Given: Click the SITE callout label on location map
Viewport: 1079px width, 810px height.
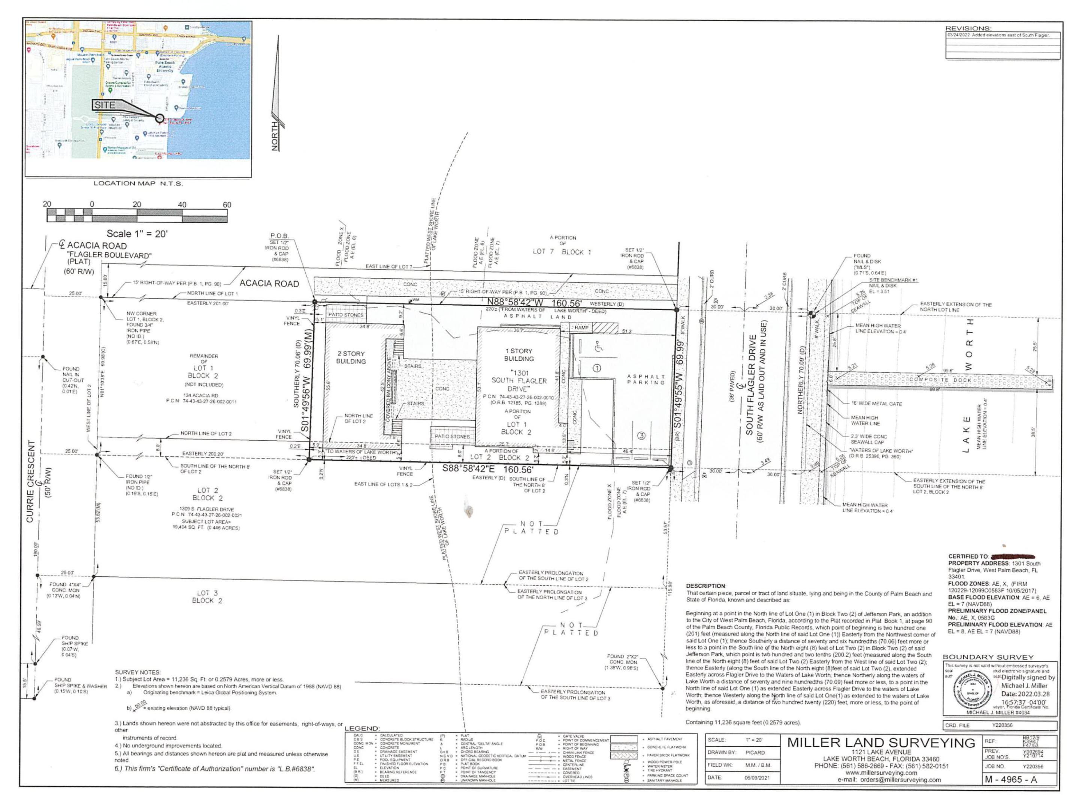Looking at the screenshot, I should pos(105,105).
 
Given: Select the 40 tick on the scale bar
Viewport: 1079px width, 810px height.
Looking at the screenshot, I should pos(182,205).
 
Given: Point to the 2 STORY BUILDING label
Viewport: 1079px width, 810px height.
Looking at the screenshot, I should pos(351,357).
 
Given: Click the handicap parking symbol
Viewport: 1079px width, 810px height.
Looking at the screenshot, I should pos(598,348).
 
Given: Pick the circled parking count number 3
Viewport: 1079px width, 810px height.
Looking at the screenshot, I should pos(641,436).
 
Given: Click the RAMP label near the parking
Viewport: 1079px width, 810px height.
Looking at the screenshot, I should pos(581,328).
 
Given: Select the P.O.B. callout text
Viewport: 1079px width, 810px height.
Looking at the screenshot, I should pos(279,236).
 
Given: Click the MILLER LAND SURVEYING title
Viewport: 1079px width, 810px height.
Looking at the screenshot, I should pos(881,742).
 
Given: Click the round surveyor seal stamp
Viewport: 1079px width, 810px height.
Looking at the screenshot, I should pos(972,692).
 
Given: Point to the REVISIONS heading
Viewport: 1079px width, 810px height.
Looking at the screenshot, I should pos(968,28).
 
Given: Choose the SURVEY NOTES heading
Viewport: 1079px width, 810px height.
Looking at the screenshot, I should pos(137,672).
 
